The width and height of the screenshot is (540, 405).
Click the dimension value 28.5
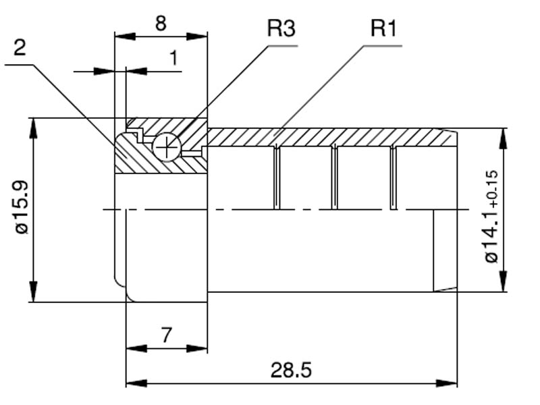(x=291, y=370)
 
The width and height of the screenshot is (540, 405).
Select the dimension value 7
(x=166, y=335)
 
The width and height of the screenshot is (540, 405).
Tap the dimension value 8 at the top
(x=161, y=24)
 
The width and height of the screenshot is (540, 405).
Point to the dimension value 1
(x=174, y=58)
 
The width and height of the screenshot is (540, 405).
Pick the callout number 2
(x=20, y=47)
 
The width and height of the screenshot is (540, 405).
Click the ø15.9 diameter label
(x=22, y=207)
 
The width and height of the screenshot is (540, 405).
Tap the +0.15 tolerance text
(x=492, y=187)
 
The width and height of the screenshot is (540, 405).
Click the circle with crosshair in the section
(x=166, y=146)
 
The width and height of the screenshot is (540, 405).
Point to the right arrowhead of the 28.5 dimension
(x=451, y=383)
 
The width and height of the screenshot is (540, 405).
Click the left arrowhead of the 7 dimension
(x=133, y=348)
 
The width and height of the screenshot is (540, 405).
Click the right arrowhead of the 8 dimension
(x=200, y=35)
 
